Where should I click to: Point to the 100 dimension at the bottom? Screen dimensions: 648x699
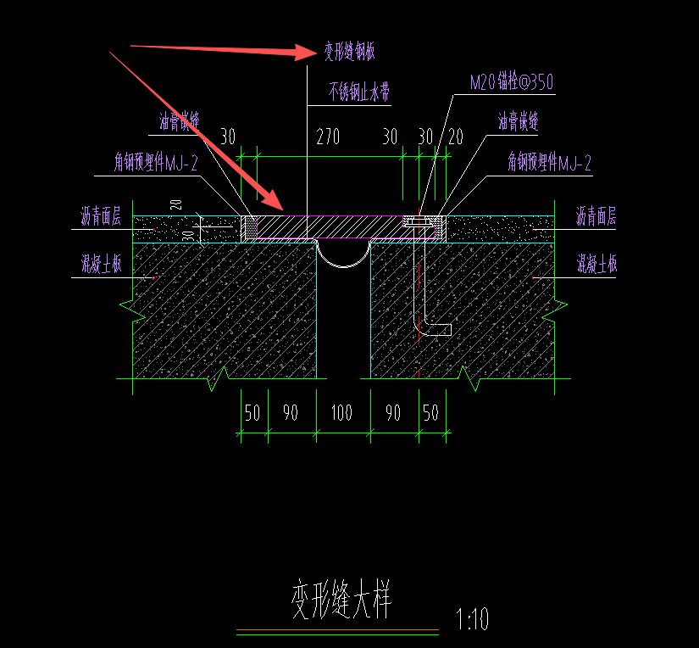click(341, 413)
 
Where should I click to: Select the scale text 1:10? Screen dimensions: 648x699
click(472, 619)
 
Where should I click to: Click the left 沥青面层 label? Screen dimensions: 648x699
click(101, 216)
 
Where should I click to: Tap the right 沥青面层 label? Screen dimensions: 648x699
click(596, 216)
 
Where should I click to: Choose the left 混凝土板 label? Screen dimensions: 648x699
click(101, 264)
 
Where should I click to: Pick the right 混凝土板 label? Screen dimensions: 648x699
click(596, 263)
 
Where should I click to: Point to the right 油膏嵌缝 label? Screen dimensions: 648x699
click(518, 121)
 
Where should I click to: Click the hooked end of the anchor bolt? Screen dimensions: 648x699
click(439, 329)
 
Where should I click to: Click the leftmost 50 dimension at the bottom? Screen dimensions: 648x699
click(252, 413)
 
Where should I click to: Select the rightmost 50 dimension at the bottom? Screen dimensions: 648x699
click(431, 413)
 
